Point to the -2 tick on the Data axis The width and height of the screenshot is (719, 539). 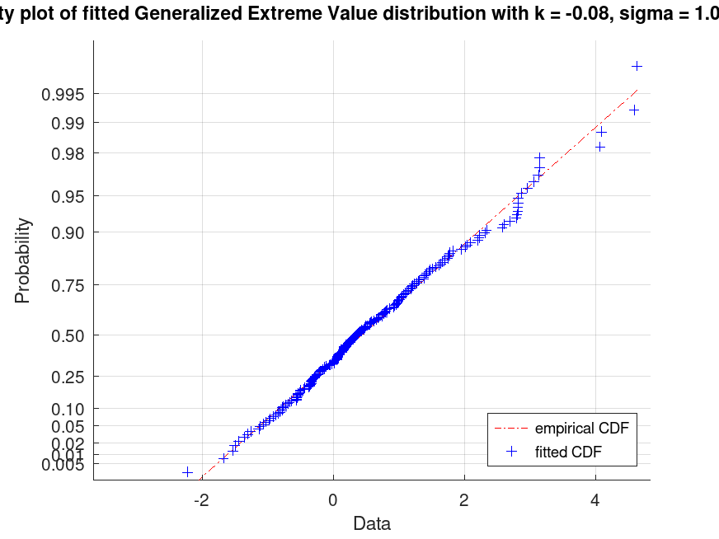[x=200, y=500]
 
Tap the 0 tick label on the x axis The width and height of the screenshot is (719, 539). [x=333, y=500]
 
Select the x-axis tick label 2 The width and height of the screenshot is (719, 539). [x=464, y=500]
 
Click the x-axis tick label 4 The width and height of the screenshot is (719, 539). [x=595, y=500]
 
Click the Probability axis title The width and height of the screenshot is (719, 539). [x=23, y=260]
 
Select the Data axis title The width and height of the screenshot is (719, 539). [x=372, y=523]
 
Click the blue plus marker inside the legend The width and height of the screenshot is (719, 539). [x=511, y=452]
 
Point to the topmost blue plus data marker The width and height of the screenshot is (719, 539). [x=637, y=66]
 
